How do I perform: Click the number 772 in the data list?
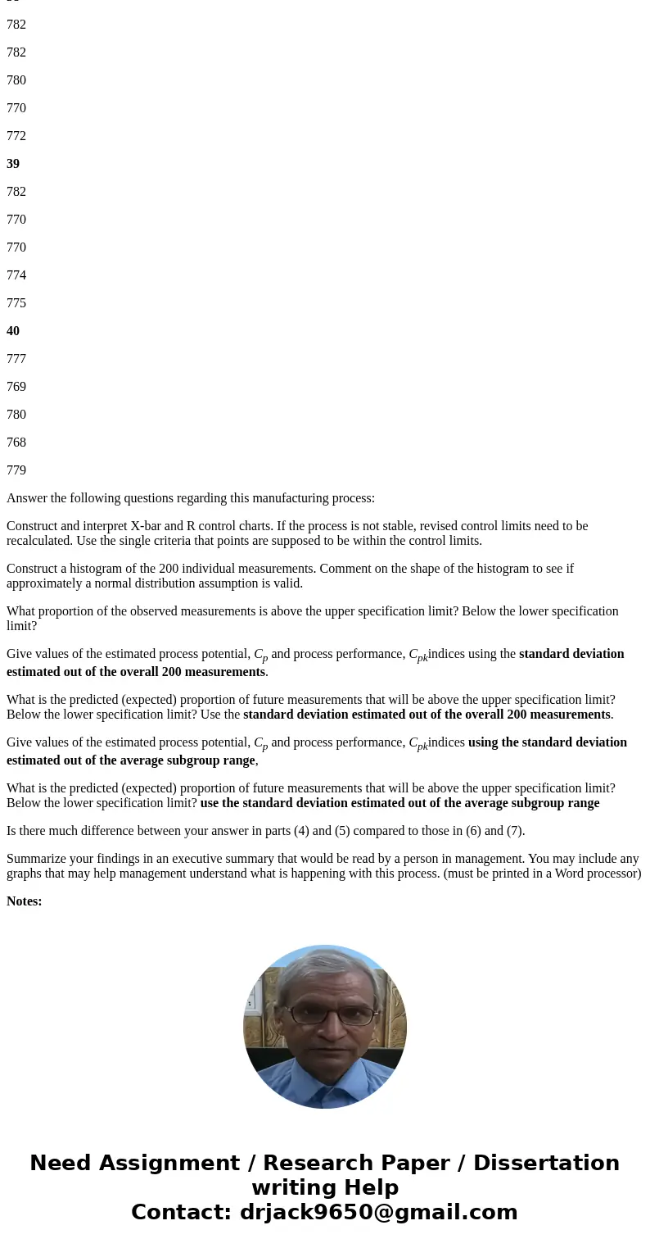click(16, 136)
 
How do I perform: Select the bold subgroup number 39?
click(13, 164)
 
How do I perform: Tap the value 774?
click(16, 275)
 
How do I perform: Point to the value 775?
click(16, 303)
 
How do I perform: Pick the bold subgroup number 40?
click(13, 331)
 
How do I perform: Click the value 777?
click(16, 359)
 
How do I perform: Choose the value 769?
click(16, 387)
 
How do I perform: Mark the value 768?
click(16, 442)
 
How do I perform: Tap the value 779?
click(16, 470)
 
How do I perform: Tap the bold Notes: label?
click(25, 901)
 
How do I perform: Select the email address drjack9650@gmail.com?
click(378, 1213)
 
